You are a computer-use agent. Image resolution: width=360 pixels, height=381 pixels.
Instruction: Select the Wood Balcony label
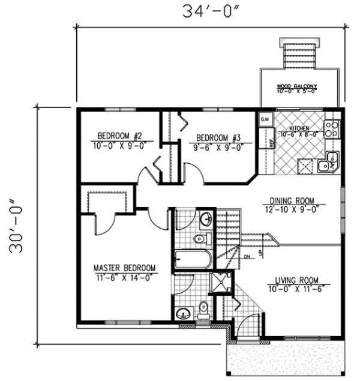click(296, 86)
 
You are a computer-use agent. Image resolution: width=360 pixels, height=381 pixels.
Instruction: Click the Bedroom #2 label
click(119, 135)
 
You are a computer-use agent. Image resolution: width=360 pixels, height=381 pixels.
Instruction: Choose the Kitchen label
click(299, 129)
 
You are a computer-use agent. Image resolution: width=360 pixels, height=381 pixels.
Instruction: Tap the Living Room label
click(296, 280)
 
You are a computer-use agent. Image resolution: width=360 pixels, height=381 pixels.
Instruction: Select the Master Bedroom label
click(124, 268)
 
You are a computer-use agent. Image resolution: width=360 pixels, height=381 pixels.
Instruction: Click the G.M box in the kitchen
click(265, 119)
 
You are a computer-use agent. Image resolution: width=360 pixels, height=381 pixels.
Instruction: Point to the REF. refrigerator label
click(271, 143)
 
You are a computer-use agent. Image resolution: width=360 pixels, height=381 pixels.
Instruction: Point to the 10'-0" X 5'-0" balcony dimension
click(296, 92)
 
